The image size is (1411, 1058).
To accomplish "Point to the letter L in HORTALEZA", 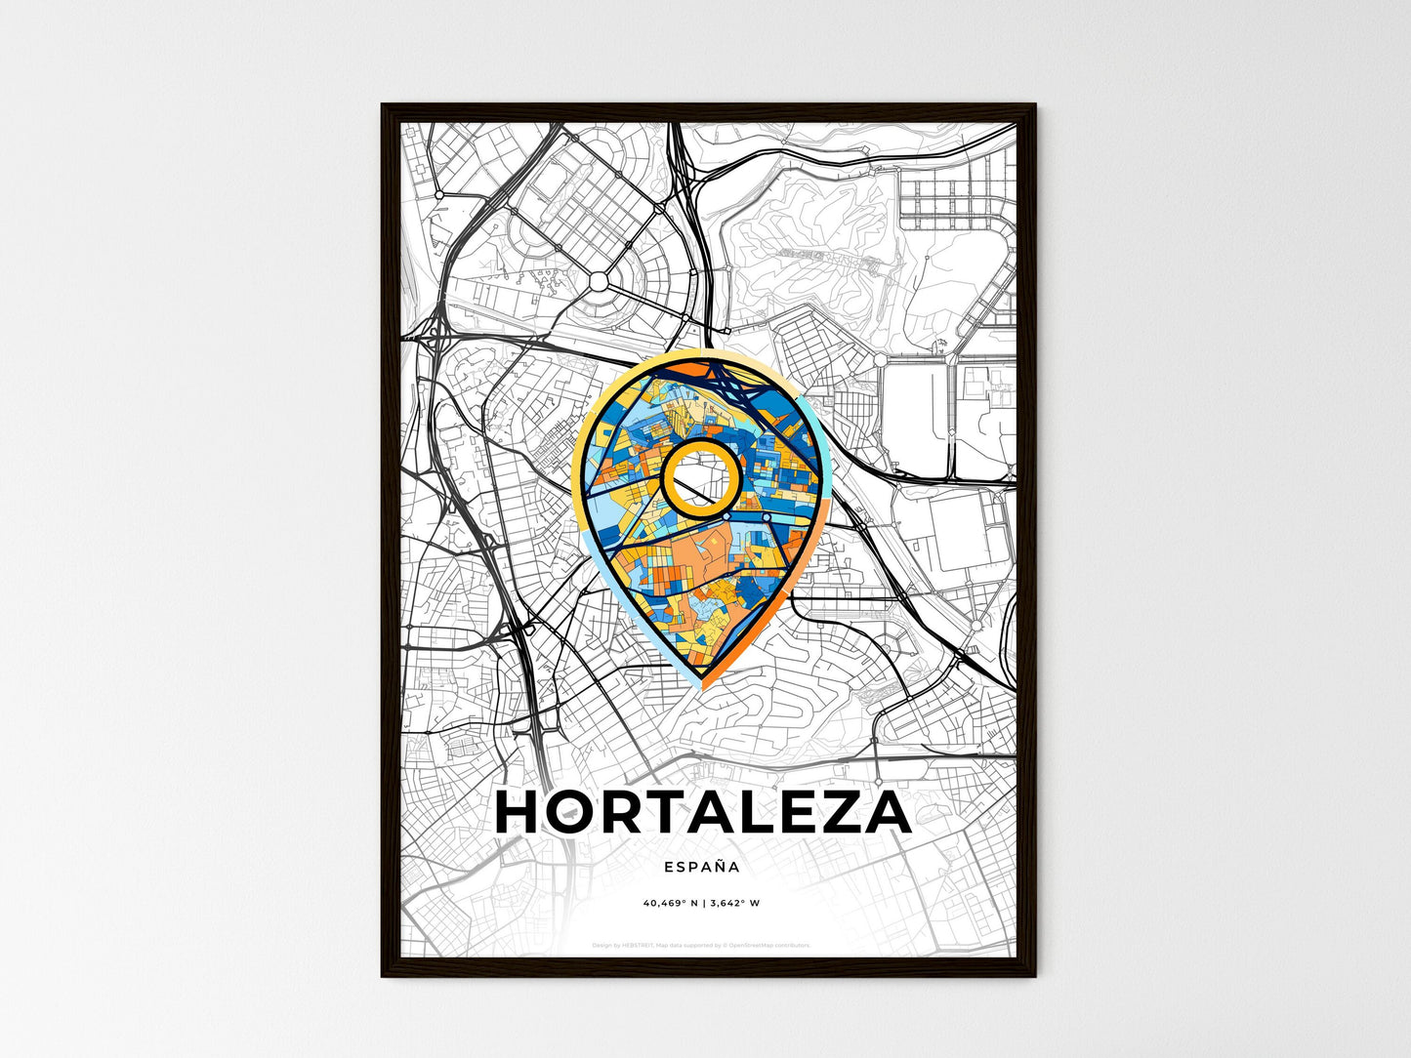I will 738,812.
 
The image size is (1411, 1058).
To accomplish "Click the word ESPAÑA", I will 701,866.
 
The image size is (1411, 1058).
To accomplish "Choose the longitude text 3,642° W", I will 734,903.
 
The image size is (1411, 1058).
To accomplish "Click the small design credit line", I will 701,945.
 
